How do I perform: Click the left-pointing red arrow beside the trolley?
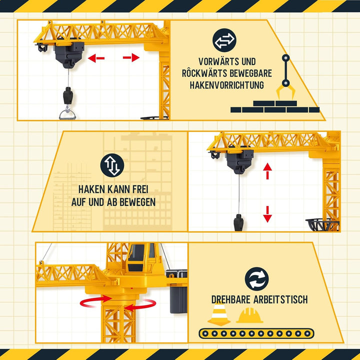pos(96,58)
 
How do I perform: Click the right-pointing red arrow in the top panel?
pos(131,57)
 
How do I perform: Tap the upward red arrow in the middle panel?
pos(267,171)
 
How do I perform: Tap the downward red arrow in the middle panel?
pos(267,214)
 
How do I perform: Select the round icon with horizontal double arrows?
pos(224,40)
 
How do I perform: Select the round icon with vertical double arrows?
pos(112,165)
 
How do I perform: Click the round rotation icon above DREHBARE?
pos(256,279)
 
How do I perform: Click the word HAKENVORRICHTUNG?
pos(227,85)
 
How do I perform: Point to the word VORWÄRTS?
pos(216,61)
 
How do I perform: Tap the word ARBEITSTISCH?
pos(280,299)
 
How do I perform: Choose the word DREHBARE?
pos(231,299)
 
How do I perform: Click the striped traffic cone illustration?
pos(219,313)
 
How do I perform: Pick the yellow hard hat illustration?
pos(249,315)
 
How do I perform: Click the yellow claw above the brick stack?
pos(285,92)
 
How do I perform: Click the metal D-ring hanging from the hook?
pos(67,114)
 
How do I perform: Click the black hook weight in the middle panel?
pos(238,222)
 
